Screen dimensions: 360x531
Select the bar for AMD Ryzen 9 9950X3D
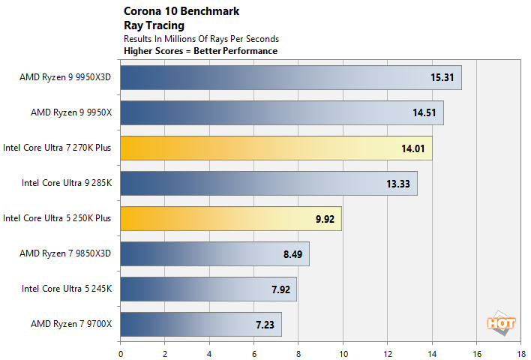click(290, 77)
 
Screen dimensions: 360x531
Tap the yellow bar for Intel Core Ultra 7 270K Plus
click(275, 148)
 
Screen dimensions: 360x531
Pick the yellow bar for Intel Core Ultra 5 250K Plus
click(230, 218)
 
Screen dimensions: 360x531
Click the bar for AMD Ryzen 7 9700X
click(200, 324)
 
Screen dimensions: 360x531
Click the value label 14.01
click(412, 148)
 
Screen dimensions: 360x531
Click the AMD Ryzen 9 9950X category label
click(70, 112)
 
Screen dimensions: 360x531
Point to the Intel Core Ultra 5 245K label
click(66, 289)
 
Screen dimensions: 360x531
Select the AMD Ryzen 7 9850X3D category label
click(65, 253)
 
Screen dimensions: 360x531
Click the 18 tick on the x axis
click(520, 350)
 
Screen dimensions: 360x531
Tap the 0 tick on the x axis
click(120, 350)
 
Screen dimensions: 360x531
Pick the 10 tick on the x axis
click(343, 350)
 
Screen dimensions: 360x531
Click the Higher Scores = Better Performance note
click(200, 51)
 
